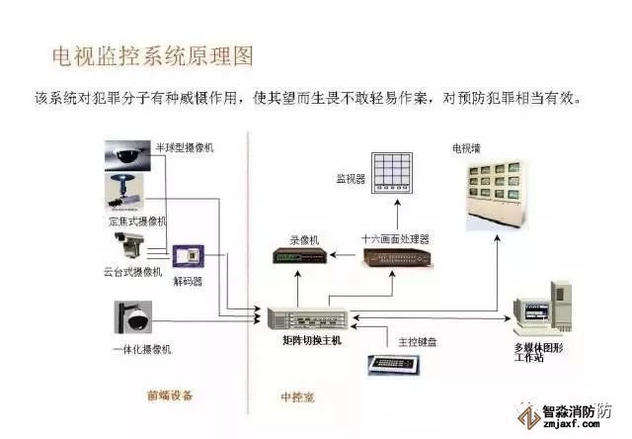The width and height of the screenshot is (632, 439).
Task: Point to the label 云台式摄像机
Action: click(x=132, y=272)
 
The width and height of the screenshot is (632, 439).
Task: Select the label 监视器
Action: click(x=351, y=180)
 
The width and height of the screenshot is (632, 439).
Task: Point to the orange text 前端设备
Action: click(x=171, y=395)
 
